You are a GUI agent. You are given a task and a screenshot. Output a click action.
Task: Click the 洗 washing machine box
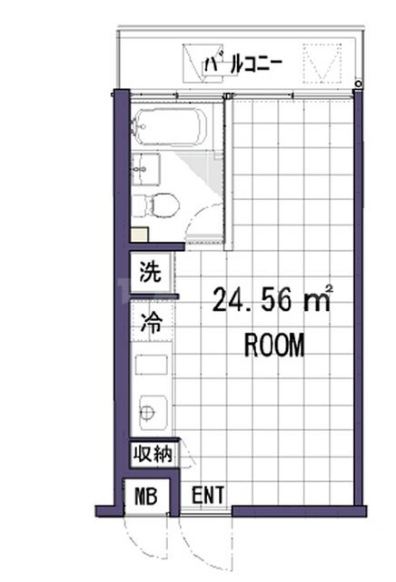[150, 271]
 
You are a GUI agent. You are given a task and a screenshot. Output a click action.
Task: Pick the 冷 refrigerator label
[150, 321]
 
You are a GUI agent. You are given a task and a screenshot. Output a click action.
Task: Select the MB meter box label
[146, 497]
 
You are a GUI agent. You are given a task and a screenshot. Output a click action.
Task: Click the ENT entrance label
[208, 496]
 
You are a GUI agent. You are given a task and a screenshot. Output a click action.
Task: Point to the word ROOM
[273, 346]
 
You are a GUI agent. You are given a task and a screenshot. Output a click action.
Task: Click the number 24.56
[253, 298]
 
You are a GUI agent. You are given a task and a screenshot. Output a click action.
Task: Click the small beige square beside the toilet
[137, 235]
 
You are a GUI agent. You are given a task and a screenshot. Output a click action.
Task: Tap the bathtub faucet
[136, 127]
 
